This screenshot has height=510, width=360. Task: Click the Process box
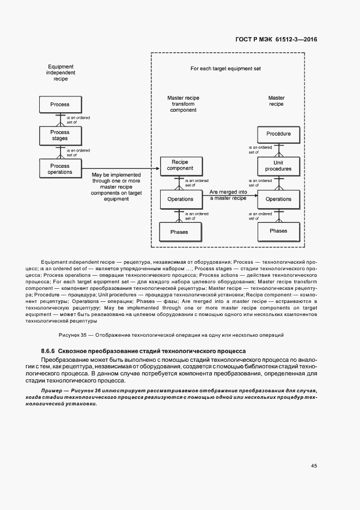(x=60, y=104)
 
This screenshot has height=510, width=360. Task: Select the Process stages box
(x=60, y=135)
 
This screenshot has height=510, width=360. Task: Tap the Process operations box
(x=60, y=169)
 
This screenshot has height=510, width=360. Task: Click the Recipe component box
(x=180, y=165)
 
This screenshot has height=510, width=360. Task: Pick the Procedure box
(x=278, y=133)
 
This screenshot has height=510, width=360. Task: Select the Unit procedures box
(x=278, y=166)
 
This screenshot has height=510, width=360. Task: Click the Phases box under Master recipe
(x=278, y=231)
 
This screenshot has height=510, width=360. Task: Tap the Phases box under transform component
(x=180, y=232)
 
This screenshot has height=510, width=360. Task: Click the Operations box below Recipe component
(x=180, y=199)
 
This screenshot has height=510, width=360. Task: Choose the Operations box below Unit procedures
(x=278, y=199)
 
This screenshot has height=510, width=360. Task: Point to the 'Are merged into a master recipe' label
(x=228, y=195)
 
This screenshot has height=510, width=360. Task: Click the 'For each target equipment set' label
(x=225, y=69)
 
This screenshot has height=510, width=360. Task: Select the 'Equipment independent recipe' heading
(x=60, y=72)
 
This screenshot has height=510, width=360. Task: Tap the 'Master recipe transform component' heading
(x=183, y=104)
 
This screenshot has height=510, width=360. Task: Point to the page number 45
(x=314, y=466)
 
